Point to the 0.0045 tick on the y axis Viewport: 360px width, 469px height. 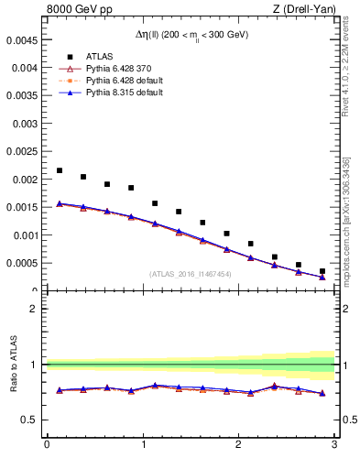[x=21, y=39]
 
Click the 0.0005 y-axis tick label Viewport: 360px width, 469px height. [x=21, y=263]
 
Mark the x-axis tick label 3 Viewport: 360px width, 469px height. [x=334, y=445]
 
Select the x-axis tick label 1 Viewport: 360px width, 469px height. [x=142, y=445]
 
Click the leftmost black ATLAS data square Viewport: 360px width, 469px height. [x=60, y=170]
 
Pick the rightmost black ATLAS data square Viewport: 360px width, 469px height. [x=322, y=271]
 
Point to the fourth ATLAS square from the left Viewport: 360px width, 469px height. [x=131, y=188]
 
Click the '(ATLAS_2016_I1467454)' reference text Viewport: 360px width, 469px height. [x=190, y=273]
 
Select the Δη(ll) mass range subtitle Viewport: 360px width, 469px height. [x=191, y=36]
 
